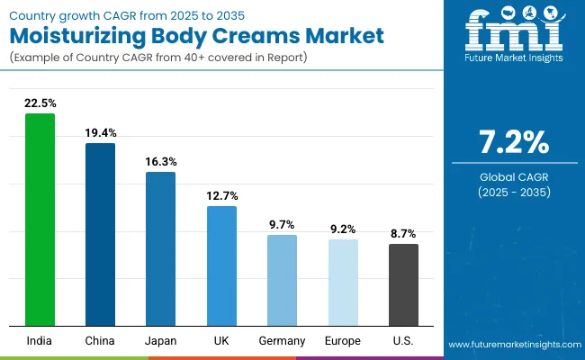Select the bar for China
[x=100, y=234]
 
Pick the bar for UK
[x=221, y=265]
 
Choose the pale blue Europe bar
[x=343, y=282]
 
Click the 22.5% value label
[x=40, y=103]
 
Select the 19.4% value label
[x=100, y=132]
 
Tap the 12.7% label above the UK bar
[x=221, y=195]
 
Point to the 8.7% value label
[x=403, y=233]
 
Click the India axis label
[x=40, y=340]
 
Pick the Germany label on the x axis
[x=282, y=340]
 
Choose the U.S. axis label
[x=403, y=340]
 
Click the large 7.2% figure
[x=513, y=143]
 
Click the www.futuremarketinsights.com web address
[x=511, y=345]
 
